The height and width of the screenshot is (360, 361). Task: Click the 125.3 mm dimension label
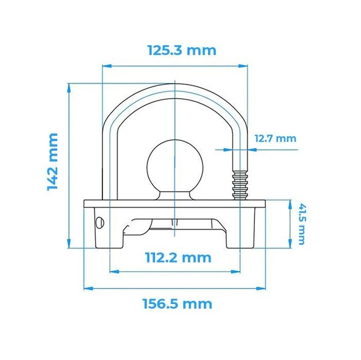(x=182, y=51)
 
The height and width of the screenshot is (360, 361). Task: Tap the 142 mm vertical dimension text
(x=52, y=162)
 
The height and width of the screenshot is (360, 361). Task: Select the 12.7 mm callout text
(x=275, y=138)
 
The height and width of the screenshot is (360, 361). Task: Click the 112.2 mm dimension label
(x=178, y=258)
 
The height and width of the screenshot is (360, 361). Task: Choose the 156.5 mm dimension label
(x=177, y=303)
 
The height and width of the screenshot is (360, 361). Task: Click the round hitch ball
(x=175, y=167)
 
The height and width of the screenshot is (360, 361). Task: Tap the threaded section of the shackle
(x=241, y=185)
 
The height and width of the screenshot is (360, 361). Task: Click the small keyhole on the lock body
(x=99, y=222)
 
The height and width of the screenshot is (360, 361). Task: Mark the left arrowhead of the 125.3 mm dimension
(x=107, y=66)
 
